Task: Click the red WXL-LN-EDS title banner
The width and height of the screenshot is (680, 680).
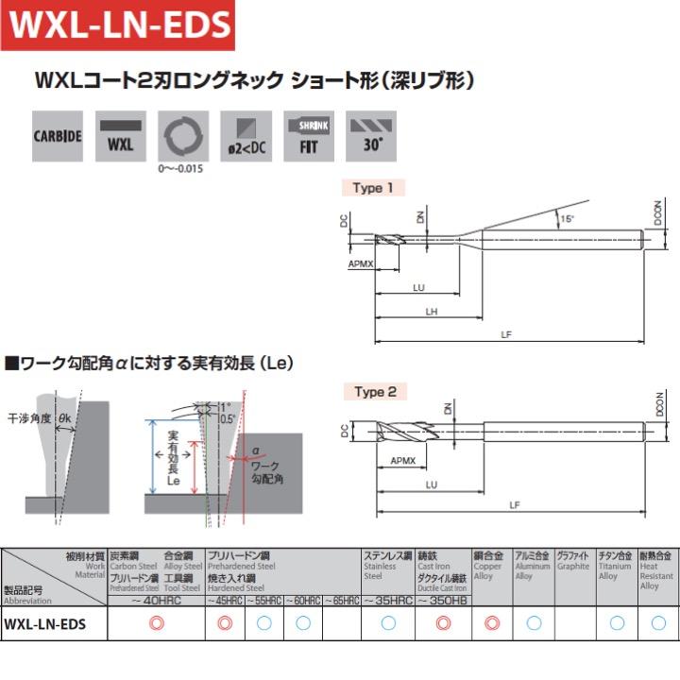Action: (118, 25)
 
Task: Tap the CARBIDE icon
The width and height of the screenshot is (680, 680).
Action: (58, 135)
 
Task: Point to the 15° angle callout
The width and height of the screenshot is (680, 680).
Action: (567, 219)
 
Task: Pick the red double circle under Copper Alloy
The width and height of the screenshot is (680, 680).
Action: (491, 623)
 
